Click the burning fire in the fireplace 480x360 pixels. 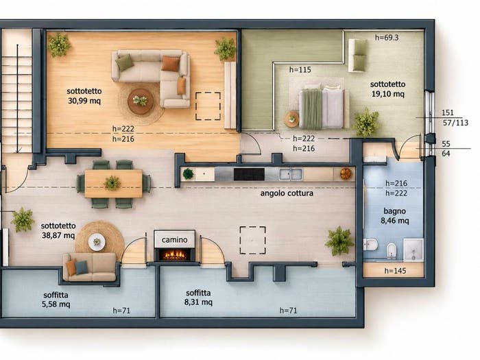click(174, 254)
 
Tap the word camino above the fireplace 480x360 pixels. click(174, 240)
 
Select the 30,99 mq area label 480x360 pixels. click(84, 101)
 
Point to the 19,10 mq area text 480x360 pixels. click(388, 94)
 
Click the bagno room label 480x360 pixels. click(394, 211)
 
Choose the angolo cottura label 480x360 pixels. click(287, 193)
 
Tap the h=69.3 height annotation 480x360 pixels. click(387, 38)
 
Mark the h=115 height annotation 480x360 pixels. click(300, 70)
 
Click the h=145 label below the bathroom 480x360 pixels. click(395, 271)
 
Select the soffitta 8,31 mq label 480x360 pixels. click(198, 298)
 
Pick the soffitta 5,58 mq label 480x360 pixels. click(56, 300)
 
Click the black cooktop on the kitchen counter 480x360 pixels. click(249, 174)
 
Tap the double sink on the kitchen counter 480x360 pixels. click(291, 174)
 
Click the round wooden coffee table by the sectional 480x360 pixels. click(141, 101)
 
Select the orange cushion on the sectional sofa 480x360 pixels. click(170, 63)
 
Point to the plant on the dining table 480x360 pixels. click(112, 183)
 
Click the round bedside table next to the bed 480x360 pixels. click(291, 119)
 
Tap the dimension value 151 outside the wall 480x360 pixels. click(448, 112)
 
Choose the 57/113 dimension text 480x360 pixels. click(455, 123)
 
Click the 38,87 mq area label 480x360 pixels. click(58, 235)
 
